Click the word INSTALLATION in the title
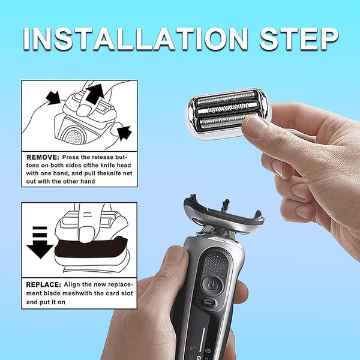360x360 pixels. click(136, 39)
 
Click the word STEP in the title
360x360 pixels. click(299, 39)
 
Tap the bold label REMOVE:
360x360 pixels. click(43, 157)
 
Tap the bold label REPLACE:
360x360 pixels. click(43, 284)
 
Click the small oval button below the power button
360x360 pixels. click(210, 302)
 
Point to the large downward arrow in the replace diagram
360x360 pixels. click(40, 242)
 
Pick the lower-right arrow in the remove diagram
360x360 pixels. click(125, 133)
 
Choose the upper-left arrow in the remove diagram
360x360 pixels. click(53, 98)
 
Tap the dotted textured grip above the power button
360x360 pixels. click(216, 263)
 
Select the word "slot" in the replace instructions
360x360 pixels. click(125, 293)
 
